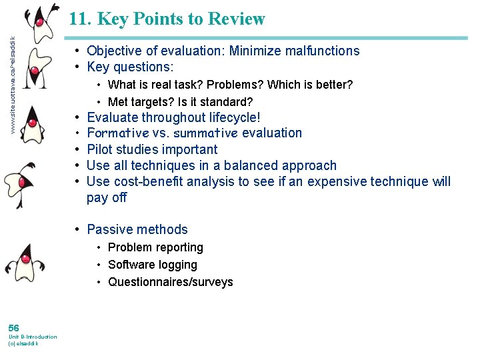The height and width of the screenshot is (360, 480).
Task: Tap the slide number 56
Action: [13, 327]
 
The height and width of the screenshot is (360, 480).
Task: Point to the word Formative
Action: [115, 133]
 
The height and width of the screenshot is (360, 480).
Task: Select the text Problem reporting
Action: [155, 247]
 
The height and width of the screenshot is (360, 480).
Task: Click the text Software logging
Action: [153, 265]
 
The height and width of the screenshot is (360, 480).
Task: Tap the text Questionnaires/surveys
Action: [171, 282]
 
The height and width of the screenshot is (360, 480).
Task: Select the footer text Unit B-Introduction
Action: [32, 337]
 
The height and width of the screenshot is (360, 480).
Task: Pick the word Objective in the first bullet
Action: [115, 51]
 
